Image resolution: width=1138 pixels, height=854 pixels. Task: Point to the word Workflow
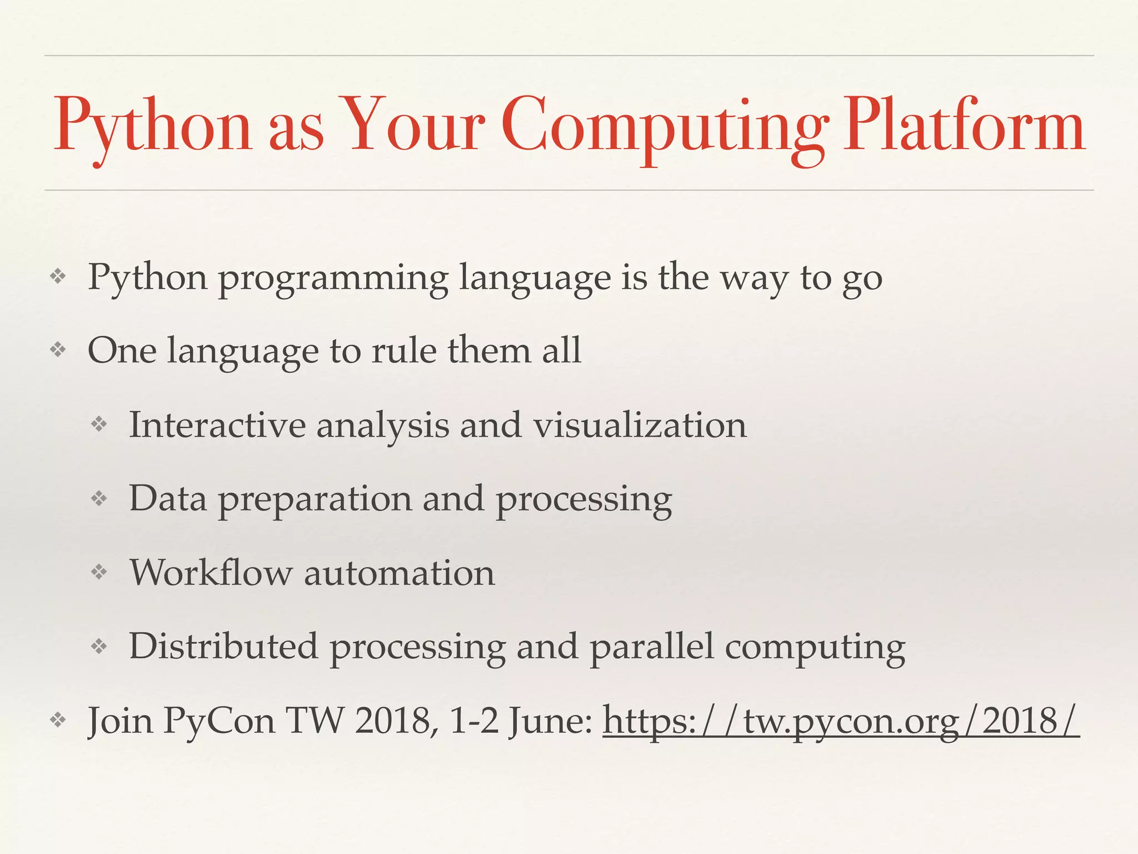211,573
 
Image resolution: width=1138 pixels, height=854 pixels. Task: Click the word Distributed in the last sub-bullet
223,646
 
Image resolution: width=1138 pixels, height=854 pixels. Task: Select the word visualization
640,425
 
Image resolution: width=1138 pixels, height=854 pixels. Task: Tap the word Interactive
217,425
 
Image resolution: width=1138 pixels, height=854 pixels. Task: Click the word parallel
651,646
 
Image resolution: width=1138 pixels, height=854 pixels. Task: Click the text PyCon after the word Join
219,722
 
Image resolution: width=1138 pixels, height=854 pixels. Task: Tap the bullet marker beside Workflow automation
99,572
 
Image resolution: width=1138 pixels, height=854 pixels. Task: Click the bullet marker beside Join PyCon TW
58,721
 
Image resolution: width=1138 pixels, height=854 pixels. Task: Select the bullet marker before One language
58,350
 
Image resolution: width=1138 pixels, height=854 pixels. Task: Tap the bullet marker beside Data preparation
99,498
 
